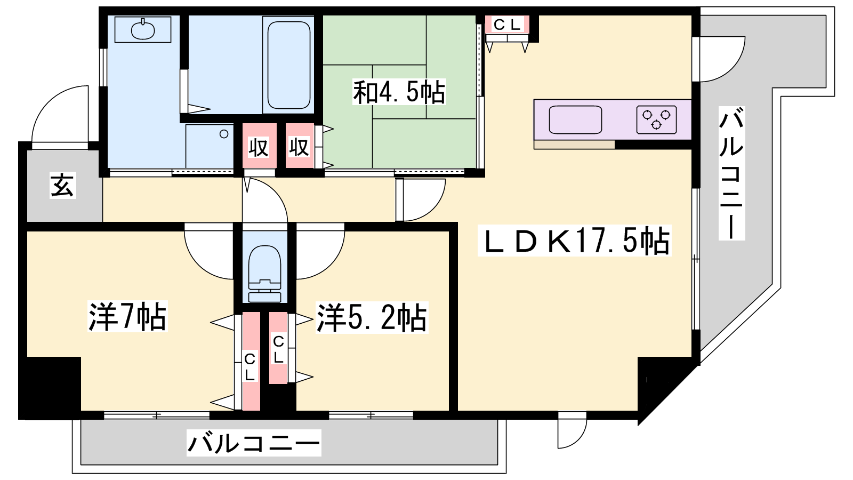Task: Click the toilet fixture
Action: tap(264, 274)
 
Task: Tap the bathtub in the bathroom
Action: tap(288, 65)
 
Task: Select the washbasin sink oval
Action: tap(143, 30)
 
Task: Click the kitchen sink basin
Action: tap(575, 119)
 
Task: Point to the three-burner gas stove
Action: tap(656, 119)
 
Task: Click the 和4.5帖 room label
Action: tap(399, 92)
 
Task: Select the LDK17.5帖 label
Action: tap(574, 241)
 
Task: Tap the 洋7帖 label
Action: tap(127, 316)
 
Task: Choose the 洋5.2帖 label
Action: tap(372, 317)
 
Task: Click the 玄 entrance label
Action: tap(63, 185)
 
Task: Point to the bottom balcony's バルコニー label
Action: tap(254, 443)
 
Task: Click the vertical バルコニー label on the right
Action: tap(731, 173)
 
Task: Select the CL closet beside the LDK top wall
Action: tap(507, 25)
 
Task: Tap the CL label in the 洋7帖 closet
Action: tap(250, 367)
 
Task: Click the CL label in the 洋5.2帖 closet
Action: tap(278, 350)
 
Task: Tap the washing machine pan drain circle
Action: tap(224, 134)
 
